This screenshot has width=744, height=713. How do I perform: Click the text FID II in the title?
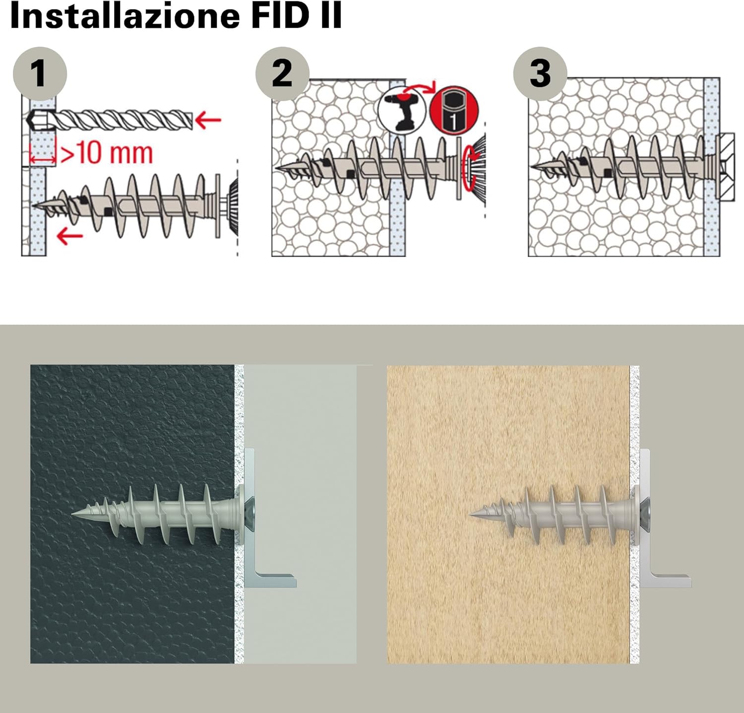pyautogui.click(x=297, y=16)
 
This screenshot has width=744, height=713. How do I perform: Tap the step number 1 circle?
pyautogui.click(x=39, y=73)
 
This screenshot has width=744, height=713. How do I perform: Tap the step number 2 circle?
pyautogui.click(x=282, y=73)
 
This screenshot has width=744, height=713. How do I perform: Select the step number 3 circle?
pyautogui.click(x=540, y=73)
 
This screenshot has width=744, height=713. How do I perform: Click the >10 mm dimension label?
pyautogui.click(x=106, y=153)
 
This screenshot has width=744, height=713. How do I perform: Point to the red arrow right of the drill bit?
pyautogui.click(x=208, y=120)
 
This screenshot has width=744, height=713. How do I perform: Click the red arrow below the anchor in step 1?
pyautogui.click(x=69, y=236)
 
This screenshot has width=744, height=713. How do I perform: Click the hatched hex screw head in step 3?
pyautogui.click(x=727, y=167)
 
